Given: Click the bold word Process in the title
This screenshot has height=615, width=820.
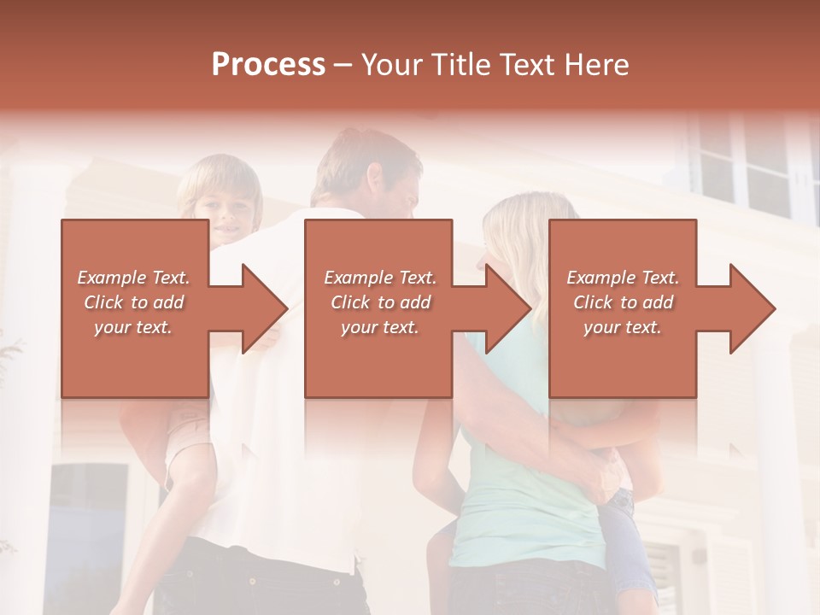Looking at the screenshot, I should pos(268,65).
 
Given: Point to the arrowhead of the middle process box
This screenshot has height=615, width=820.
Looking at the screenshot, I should pos(507,308).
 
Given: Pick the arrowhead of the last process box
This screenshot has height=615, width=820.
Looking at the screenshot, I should pos(752,308).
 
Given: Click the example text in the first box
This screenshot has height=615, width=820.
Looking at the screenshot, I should pos(133,302).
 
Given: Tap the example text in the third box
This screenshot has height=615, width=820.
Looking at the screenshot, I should pos(623,302).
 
